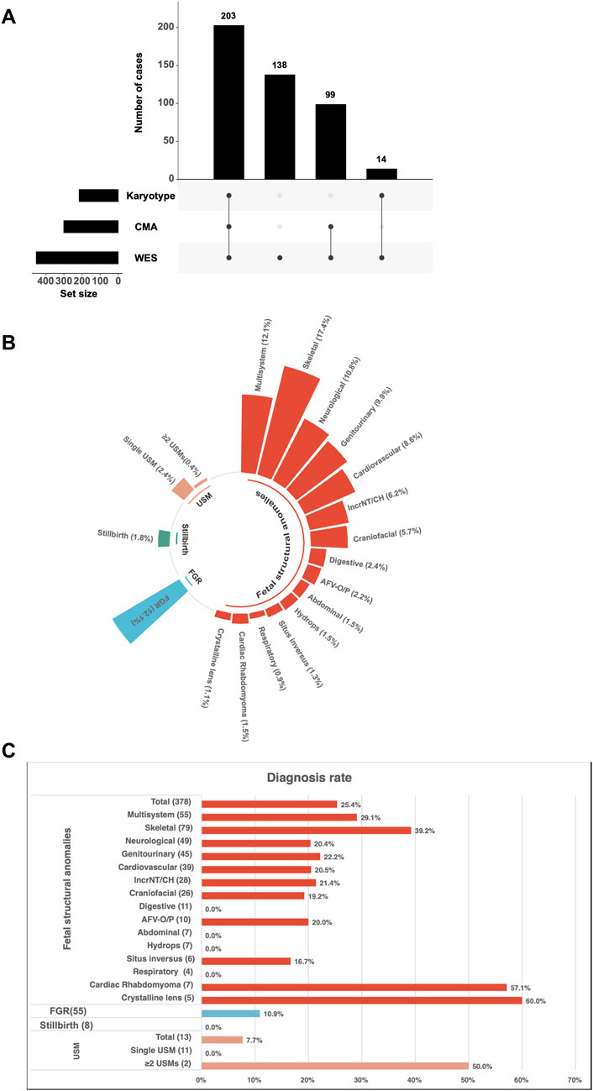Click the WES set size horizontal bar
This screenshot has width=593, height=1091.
point(77,258)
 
